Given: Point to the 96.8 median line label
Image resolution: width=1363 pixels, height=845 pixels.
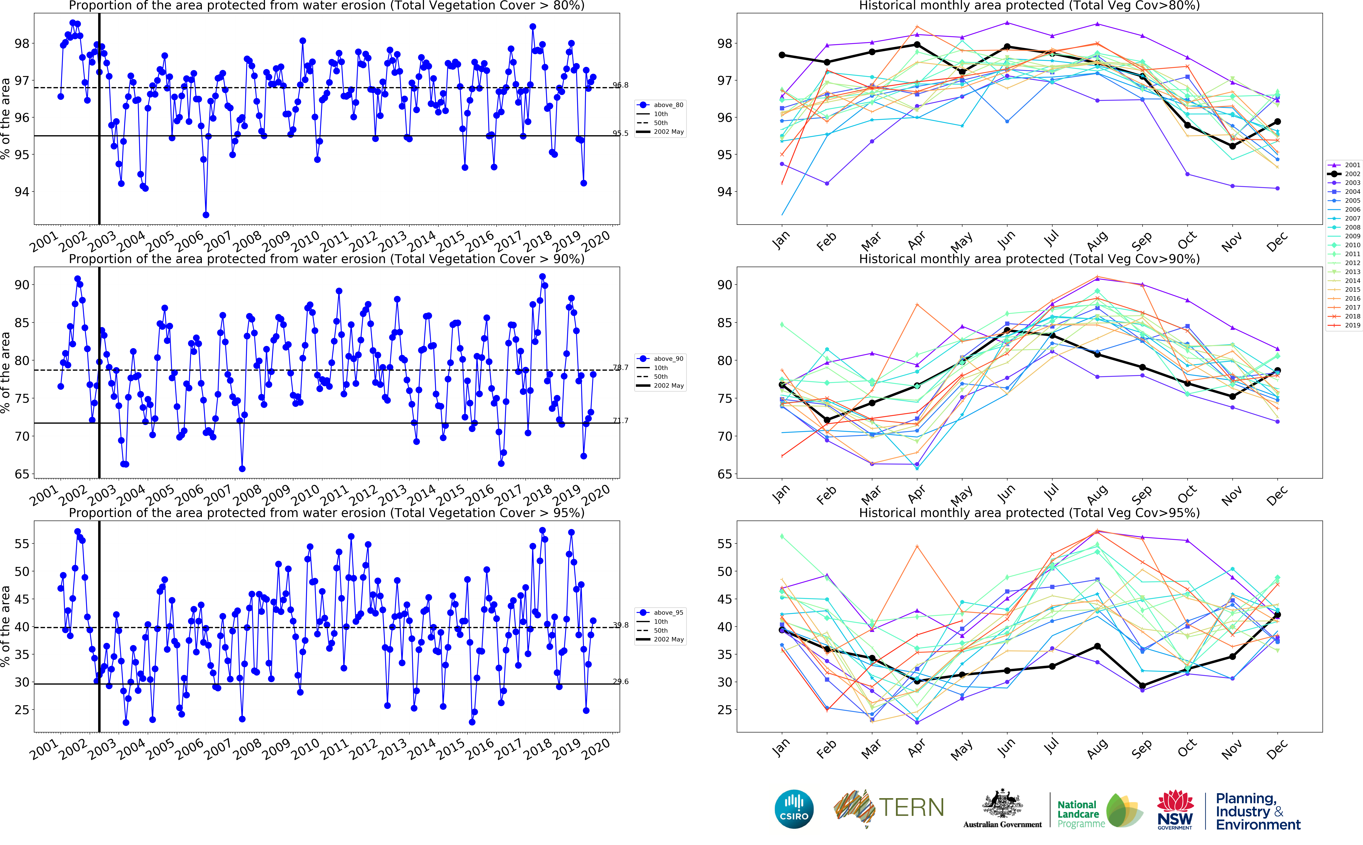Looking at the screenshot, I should point(620,85).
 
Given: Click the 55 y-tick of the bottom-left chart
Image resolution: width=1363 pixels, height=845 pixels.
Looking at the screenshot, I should point(21,544).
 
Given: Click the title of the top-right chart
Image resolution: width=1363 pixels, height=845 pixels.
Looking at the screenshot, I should point(1029,6).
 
